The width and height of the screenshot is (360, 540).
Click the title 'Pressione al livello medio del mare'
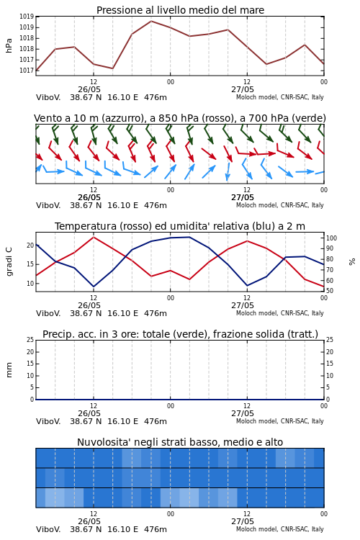tap(180, 10)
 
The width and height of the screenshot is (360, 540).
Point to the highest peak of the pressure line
tap(151, 21)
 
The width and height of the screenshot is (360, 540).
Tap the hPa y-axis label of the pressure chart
tap(9, 45)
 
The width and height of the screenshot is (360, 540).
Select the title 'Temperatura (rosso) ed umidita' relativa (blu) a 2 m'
tap(180, 226)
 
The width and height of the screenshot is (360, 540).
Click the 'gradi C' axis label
tap(9, 261)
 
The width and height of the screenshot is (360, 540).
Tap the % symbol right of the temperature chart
tap(352, 262)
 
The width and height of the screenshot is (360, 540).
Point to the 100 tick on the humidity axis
tap(331, 238)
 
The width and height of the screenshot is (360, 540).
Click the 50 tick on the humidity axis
tap(330, 292)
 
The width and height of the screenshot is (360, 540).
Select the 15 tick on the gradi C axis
tap(30, 264)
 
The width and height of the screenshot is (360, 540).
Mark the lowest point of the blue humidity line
tap(94, 287)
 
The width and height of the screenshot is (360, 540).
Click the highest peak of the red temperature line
tap(94, 237)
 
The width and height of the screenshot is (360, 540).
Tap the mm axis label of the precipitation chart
tap(9, 370)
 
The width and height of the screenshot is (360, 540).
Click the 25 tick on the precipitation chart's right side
tap(330, 340)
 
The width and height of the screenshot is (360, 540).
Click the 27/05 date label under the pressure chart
tap(243, 89)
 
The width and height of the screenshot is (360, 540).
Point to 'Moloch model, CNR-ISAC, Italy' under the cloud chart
tap(280, 529)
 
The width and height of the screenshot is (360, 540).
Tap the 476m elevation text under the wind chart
tap(156, 205)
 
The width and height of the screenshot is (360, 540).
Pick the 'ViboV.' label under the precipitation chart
tap(48, 421)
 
